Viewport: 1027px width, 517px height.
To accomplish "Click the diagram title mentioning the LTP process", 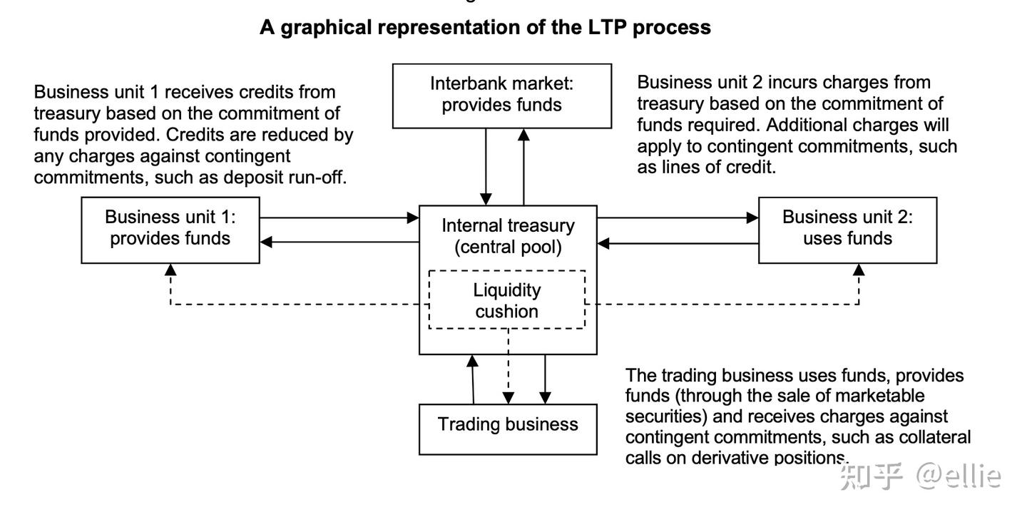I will [485, 27].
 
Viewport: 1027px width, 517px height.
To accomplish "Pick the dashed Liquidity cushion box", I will [506, 300].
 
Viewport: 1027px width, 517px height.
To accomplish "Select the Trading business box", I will [507, 428].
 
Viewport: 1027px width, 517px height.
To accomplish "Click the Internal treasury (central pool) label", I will [507, 236].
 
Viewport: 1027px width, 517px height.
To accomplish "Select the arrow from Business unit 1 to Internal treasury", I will [339, 217].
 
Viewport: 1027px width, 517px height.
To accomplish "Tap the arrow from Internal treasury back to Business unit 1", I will [339, 242].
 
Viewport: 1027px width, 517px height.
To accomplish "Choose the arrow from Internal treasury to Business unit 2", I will [678, 217].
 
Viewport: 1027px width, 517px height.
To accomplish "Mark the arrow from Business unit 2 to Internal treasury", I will [678, 243].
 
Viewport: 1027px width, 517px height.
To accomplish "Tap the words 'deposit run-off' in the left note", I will [285, 178].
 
